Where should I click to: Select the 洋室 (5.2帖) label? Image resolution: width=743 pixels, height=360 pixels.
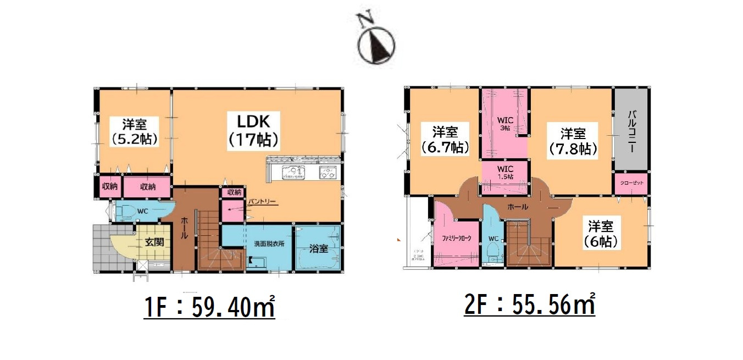[134, 131]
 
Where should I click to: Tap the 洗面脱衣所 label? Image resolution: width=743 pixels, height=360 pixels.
[269, 243]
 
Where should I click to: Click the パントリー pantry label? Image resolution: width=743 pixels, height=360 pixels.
[262, 202]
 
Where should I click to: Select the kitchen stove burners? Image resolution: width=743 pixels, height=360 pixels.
[328, 173]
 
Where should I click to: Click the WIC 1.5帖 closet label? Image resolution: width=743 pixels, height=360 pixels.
[504, 171]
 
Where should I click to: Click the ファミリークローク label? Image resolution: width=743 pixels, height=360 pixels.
[456, 239]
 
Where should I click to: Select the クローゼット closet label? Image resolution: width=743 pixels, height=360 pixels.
[630, 183]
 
